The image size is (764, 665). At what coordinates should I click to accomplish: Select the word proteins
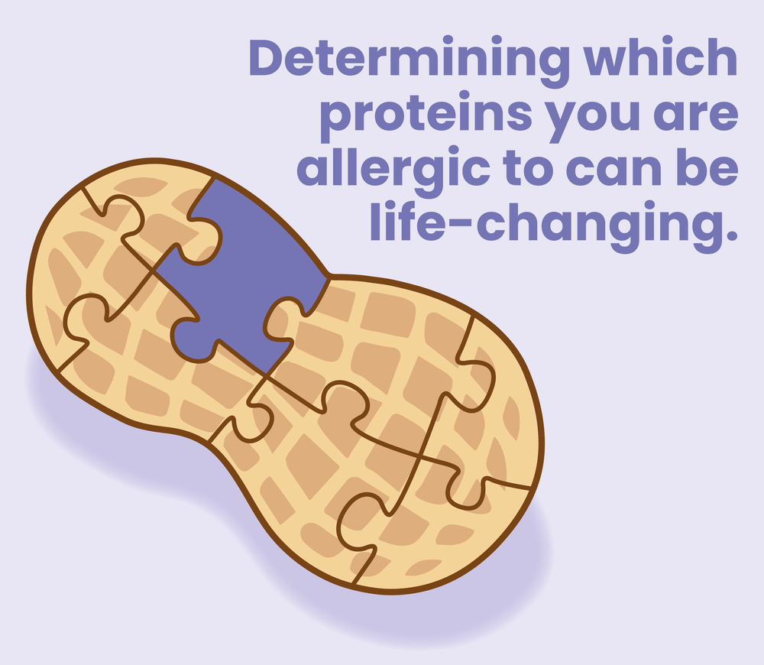coord(426,115)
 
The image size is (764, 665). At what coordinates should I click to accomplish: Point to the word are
coord(696,116)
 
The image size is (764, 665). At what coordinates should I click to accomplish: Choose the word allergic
coord(393,170)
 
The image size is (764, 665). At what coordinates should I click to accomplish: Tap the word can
coord(614,171)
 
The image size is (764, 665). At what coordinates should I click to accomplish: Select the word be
coord(707,167)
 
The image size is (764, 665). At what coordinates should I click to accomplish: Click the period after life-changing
coord(732,236)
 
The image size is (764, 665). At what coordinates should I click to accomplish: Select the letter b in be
coord(691,167)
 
